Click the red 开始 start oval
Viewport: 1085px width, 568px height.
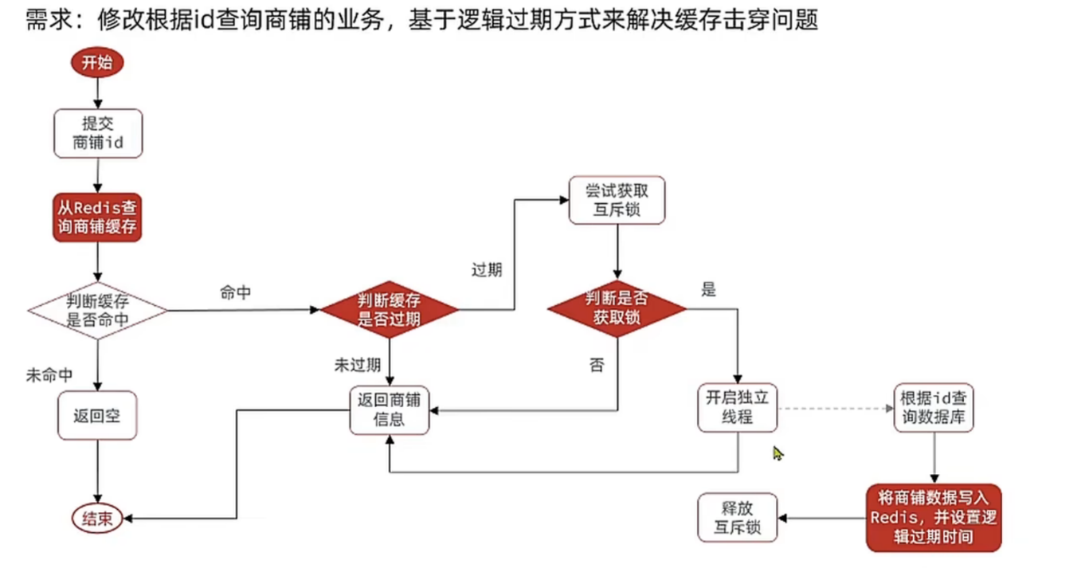[97, 62]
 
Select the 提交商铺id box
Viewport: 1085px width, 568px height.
[97, 133]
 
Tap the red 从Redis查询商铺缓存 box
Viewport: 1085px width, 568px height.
[97, 217]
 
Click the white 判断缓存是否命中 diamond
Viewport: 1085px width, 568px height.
[97, 311]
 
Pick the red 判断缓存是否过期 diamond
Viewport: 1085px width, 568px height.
[389, 310]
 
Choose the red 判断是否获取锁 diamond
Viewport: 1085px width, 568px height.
[617, 308]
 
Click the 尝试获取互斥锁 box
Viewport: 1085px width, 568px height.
[617, 199]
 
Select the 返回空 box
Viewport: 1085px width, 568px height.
[97, 414]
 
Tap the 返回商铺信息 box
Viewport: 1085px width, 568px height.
[389, 409]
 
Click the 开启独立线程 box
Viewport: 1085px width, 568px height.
[737, 406]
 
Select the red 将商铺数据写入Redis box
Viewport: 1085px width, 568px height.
[934, 518]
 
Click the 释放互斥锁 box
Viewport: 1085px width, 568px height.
[737, 517]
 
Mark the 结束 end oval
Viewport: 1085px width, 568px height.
[97, 519]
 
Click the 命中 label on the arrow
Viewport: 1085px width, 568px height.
[236, 293]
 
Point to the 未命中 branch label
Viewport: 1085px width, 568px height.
[50, 375]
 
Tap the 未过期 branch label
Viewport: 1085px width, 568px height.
[357, 365]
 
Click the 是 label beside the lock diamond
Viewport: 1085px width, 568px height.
[709, 290]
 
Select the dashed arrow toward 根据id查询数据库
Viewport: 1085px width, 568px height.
[835, 408]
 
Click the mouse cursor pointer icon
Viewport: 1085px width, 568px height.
[778, 452]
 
